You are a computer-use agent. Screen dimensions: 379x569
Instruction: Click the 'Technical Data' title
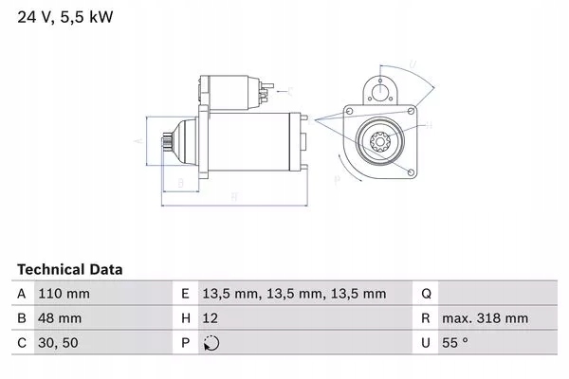click(70, 270)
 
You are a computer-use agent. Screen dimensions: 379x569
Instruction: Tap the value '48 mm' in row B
click(58, 318)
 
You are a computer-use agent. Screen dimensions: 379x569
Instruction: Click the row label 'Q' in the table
click(427, 294)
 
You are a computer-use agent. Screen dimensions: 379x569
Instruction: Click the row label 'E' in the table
click(186, 294)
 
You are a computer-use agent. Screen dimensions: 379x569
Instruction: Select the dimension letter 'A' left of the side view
click(138, 140)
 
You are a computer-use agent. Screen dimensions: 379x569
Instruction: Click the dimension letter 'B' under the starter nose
click(180, 183)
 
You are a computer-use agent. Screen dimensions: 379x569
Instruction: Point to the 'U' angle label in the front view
click(413, 64)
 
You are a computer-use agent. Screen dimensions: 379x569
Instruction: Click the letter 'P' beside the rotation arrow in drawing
click(336, 178)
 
